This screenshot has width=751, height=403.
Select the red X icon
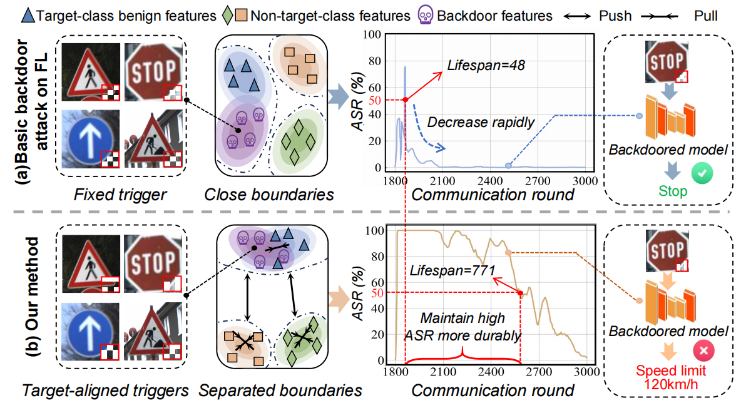pos(702,351)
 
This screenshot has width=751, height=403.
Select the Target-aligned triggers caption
pos(105,390)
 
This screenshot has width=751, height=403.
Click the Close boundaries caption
pos(268,195)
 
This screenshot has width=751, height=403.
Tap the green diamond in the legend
pos(227,14)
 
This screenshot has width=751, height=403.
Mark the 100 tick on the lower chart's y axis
pos(378,230)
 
